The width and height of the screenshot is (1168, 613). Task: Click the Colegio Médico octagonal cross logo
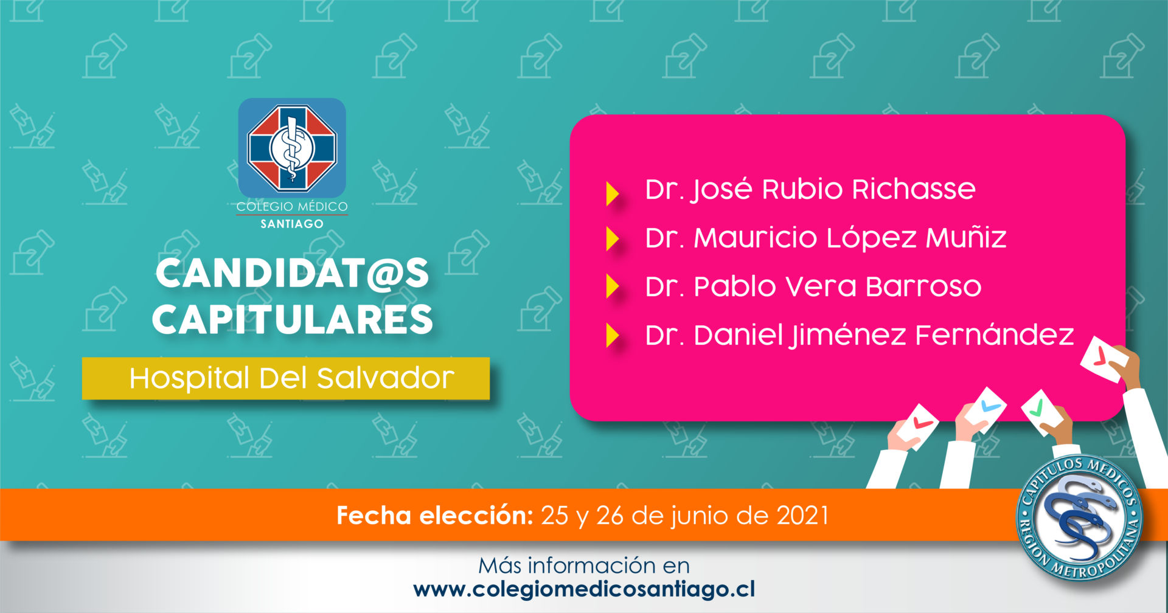click(292, 147)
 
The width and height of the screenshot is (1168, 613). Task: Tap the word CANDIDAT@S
click(292, 274)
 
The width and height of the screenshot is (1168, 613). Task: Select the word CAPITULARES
click(293, 319)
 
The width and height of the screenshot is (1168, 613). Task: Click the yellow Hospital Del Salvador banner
click(286, 378)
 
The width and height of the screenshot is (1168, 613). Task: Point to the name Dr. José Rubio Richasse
click(810, 190)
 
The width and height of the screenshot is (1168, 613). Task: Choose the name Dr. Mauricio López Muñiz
click(826, 238)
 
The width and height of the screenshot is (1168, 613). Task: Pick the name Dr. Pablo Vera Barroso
click(813, 286)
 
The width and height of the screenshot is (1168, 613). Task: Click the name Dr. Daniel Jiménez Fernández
click(860, 335)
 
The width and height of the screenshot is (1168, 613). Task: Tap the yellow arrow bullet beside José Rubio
click(613, 194)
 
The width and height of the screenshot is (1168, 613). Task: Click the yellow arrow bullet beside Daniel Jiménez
click(613, 335)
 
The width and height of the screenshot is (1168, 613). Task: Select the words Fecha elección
click(435, 516)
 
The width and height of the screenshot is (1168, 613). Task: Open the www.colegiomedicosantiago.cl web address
click(584, 589)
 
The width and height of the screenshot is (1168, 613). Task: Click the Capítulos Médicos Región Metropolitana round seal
click(1079, 518)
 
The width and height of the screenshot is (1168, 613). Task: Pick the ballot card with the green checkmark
click(1041, 412)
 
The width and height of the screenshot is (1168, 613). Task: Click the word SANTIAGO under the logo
click(292, 224)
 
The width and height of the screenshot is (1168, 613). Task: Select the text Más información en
click(584, 566)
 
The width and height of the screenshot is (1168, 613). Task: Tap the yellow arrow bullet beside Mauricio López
click(613, 238)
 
